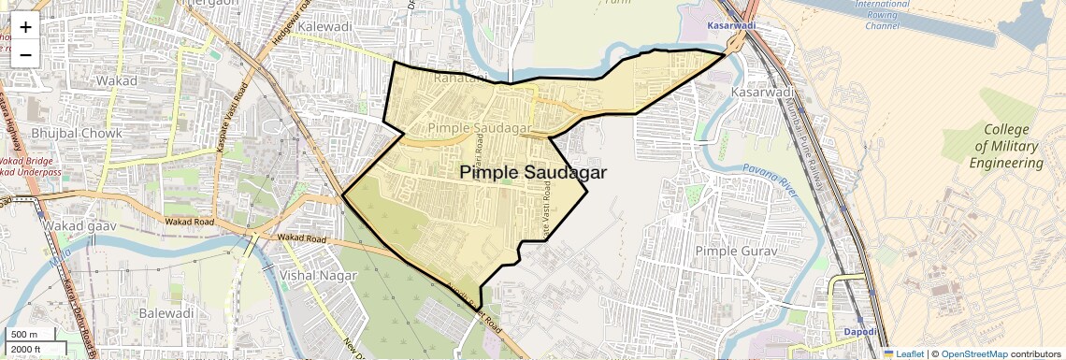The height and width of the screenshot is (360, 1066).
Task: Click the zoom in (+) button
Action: point(25,27)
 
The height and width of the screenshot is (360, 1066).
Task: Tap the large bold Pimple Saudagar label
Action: point(533,173)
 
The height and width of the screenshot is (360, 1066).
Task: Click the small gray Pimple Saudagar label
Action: point(479,127)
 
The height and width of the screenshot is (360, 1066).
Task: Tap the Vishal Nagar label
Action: point(318,276)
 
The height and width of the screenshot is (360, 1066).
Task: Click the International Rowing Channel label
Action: point(882,15)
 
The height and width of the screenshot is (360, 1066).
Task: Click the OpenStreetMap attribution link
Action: point(973,353)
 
